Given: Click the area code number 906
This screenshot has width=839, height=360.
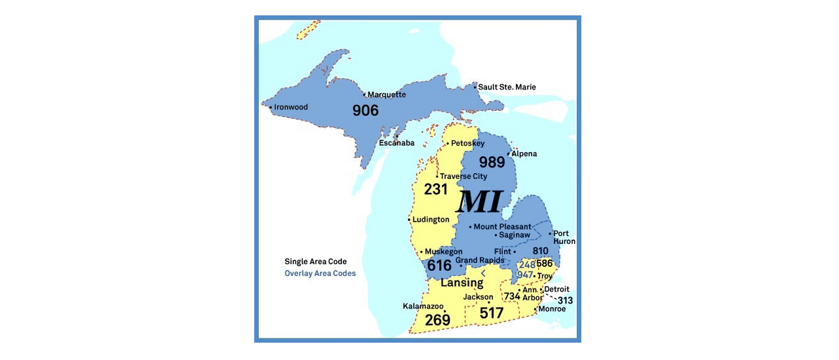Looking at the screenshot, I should pos(366,110).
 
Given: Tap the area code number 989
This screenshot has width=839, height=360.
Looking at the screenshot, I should pos(492,162).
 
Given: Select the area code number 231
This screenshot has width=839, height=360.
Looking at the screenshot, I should pos(436,190).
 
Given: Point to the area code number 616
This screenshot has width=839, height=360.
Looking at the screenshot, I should pos(439,266).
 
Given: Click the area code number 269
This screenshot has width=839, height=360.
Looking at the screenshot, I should pos(437,320).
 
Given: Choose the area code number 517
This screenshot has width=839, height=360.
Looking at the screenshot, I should pos(491,313).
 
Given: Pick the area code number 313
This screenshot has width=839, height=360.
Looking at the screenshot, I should pos(565,300).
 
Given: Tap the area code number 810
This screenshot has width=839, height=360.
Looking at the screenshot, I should pos(540,251).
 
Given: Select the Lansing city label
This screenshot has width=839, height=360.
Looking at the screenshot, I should pos(461,283).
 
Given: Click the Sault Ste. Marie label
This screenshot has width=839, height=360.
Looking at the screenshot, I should pos(507,87).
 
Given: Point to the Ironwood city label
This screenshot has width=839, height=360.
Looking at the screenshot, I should pos(290,107).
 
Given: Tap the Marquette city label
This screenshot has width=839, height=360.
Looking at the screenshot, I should pos(387,94).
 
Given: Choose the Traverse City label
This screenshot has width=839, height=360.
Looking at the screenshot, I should pos(463,176).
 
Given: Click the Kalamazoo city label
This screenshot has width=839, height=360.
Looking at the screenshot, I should pos(423,306).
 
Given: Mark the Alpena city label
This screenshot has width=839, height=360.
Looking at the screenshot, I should pos(524,154).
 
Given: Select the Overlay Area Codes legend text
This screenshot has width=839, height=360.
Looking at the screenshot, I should pos(320,273).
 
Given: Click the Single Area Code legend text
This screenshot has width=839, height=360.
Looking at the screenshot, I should pos(315,262).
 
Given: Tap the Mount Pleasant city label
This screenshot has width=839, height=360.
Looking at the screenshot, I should pos(502,227).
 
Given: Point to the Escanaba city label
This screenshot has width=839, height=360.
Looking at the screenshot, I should pos(397,143).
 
